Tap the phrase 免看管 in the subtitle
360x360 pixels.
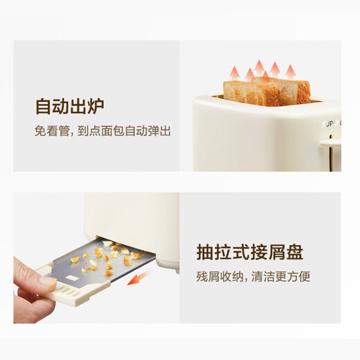(x=51, y=132)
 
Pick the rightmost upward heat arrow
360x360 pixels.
(x=291, y=71)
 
